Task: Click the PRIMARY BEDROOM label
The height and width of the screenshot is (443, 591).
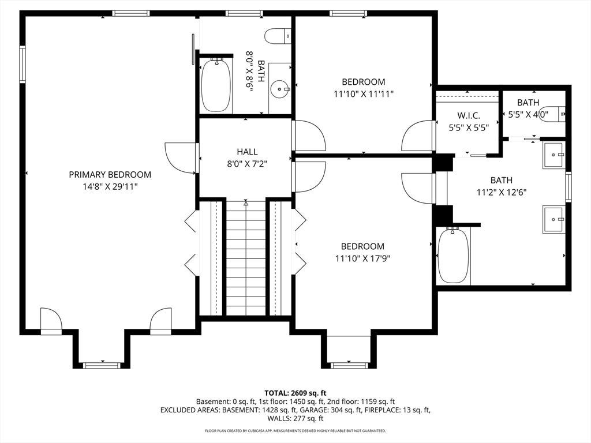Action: click(x=110, y=174)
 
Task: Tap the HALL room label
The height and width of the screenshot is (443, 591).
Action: click(x=247, y=152)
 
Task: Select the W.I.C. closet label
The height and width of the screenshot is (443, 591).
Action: click(x=469, y=115)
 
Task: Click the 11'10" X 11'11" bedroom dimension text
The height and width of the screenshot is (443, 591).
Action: click(x=364, y=94)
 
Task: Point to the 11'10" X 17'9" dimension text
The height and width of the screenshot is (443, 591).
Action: click(x=362, y=258)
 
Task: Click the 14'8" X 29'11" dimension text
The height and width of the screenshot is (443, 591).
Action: click(x=110, y=186)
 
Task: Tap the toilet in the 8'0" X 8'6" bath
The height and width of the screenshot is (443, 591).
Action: click(x=278, y=36)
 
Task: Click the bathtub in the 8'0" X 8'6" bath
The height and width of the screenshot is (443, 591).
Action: click(x=216, y=85)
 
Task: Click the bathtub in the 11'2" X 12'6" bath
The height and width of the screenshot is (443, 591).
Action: click(x=454, y=256)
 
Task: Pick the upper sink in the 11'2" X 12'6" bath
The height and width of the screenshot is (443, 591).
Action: click(x=553, y=155)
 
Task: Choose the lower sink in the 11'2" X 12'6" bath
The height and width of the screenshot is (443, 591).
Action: click(x=553, y=219)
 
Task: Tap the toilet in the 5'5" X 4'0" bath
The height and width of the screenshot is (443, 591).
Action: click(x=555, y=114)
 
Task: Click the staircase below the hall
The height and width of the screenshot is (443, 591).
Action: click(x=246, y=258)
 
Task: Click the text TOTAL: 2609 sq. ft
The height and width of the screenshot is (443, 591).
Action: click(x=295, y=393)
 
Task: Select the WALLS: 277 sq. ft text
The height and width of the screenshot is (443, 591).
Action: click(x=295, y=418)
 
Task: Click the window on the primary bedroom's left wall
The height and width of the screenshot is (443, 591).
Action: click(x=23, y=63)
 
